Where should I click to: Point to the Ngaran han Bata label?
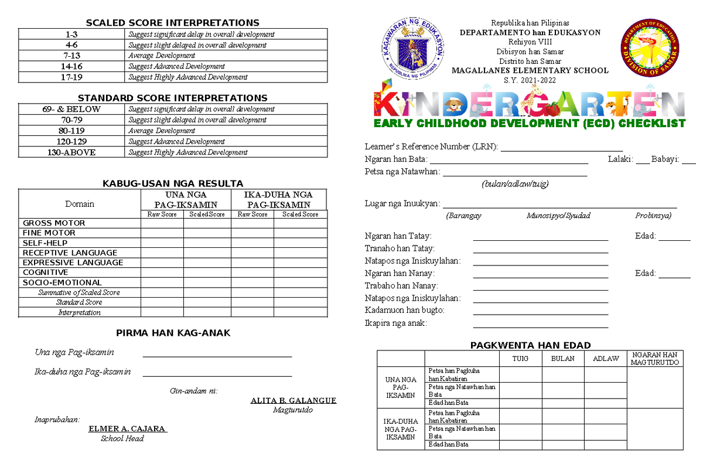coord(396,159)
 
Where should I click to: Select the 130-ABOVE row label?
coord(71,152)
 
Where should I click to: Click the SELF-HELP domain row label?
coord(45,243)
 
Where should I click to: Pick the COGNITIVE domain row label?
coord(46,272)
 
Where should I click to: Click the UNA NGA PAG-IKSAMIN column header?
coord(185,199)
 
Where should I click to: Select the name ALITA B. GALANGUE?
coord(293,401)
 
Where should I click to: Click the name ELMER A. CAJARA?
coord(127,428)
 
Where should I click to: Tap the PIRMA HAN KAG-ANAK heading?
coord(173,333)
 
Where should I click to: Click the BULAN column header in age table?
coord(562,359)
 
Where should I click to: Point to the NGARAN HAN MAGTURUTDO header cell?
coord(654,359)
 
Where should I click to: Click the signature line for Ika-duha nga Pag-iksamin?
coord(217,376)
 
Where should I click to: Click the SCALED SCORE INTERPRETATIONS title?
coord(173,23)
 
